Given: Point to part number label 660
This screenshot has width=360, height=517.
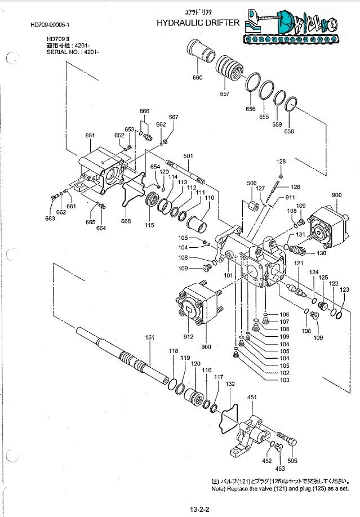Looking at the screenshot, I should tap(197, 78).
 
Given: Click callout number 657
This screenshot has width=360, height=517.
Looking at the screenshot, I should tap(225, 94).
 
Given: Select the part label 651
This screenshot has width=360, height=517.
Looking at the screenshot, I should tap(90, 136).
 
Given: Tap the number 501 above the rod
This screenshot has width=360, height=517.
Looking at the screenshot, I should tap(188, 155).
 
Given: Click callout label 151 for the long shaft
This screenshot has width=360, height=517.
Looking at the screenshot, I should tap(150, 337).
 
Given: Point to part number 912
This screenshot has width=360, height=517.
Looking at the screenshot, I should tap(188, 337).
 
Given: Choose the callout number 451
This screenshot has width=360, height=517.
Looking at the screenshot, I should tap(252, 398).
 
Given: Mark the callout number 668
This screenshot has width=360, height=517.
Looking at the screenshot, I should tap(126, 221).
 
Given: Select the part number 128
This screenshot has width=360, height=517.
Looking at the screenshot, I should tap(281, 162).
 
